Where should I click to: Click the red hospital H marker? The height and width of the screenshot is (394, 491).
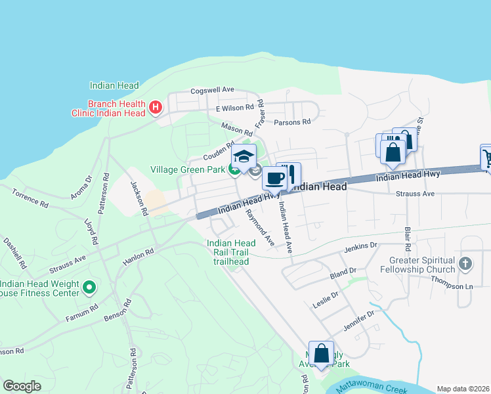156,107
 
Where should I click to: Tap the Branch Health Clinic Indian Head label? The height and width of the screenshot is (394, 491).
108,108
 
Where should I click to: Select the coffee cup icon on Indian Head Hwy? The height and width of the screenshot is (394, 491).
274,177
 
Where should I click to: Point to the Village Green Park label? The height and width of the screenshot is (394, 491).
188,170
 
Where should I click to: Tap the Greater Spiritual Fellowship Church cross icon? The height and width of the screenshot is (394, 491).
465,264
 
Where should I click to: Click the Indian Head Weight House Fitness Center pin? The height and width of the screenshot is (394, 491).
91,286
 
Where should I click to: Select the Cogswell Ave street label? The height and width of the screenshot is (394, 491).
212,90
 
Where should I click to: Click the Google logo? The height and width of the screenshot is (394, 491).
22,386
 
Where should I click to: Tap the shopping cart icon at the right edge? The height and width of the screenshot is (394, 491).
487,158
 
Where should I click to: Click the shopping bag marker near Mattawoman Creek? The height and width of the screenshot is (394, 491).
321,353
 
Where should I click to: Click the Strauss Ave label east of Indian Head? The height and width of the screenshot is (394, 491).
416,194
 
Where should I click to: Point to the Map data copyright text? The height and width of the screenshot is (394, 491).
463,388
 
